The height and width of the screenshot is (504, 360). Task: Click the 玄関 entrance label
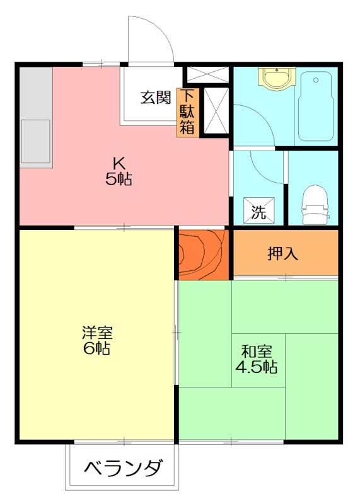pos(155,98)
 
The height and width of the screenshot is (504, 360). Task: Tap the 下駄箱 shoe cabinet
pos(188,112)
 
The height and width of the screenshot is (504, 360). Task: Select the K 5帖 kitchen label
pos(117,170)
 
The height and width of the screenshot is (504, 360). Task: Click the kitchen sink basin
pos(35,140)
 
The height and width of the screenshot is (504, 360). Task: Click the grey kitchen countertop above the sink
pos(35,91)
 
